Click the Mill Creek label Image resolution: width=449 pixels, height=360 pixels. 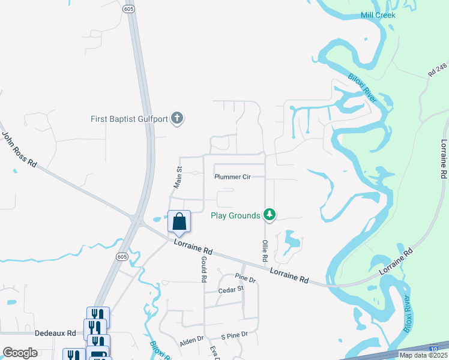[378, 15]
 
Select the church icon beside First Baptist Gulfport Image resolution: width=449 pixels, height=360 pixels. [176, 119]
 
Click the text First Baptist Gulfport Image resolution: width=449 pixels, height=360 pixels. [129, 119]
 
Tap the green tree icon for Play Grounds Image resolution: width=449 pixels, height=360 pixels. [270, 215]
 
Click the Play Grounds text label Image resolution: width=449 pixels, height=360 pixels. [235, 215]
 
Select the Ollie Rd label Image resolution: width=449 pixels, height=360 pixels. [264, 250]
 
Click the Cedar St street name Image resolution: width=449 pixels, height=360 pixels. [232, 289]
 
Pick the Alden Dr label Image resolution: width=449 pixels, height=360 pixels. [192, 341]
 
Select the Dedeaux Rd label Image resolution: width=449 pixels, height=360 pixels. [55, 333]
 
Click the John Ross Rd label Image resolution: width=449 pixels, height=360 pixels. [20, 151]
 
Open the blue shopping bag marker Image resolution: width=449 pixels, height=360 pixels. [179, 222]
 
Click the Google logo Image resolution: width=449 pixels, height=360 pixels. [20, 352]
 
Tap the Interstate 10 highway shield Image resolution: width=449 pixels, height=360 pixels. [433, 348]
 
